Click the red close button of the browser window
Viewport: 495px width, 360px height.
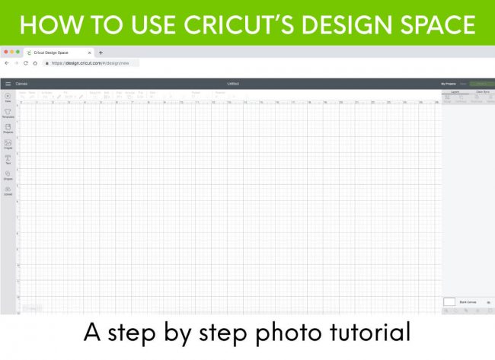[x=5, y=52]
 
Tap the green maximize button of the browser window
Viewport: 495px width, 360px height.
[x=18, y=52]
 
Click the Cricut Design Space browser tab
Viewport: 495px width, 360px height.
[x=57, y=53]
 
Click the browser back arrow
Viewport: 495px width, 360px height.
[x=7, y=63]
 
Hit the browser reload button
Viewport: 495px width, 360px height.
[x=25, y=63]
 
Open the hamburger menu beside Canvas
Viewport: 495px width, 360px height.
[x=8, y=83]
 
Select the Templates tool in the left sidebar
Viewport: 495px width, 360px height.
[x=8, y=113]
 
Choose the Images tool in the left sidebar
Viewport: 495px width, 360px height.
[x=8, y=144]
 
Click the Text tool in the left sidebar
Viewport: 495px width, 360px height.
[x=8, y=159]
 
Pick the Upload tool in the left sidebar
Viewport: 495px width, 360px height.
[x=8, y=190]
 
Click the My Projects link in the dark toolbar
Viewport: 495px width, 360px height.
[x=448, y=83]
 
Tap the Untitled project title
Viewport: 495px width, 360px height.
[x=232, y=83]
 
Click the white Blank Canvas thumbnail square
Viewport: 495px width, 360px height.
[x=449, y=301]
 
